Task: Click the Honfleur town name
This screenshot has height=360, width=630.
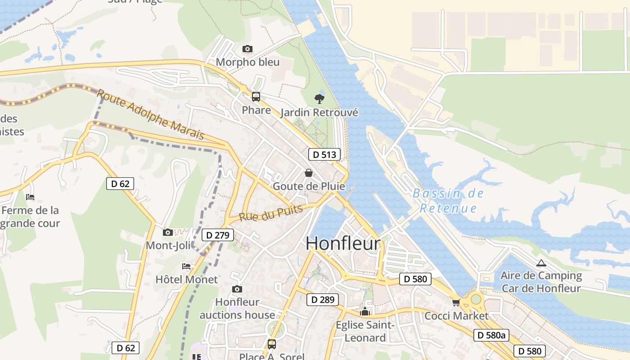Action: [343, 243]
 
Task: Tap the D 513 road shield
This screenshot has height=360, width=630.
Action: [324, 154]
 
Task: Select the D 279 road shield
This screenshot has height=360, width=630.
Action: [218, 235]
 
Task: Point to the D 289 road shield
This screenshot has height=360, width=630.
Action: [322, 300]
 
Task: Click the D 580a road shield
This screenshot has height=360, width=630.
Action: [491, 335]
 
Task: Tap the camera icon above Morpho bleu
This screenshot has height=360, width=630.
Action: [247, 49]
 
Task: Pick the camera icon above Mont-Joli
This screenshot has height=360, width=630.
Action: [168, 232]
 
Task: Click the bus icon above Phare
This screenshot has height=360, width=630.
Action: [256, 96]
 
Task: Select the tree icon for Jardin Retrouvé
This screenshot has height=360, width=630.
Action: [319, 99]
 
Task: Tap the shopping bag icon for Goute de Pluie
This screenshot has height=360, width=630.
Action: [309, 173]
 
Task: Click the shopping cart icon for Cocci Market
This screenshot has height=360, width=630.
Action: [456, 302]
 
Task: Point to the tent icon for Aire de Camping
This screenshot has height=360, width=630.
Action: [541, 263]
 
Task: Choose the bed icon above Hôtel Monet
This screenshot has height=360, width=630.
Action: [186, 266]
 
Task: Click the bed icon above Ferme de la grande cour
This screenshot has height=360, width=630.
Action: [30, 197]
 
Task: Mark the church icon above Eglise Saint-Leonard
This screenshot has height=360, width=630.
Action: [364, 311]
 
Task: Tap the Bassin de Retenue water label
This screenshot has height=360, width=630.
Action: [448, 201]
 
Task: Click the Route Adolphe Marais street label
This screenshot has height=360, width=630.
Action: [150, 115]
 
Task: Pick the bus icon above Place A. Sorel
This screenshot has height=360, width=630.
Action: [271, 344]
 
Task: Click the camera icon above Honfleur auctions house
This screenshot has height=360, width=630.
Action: [237, 289]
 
